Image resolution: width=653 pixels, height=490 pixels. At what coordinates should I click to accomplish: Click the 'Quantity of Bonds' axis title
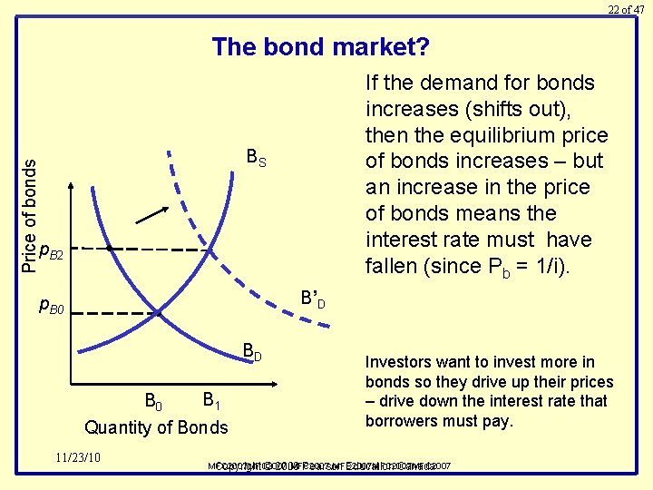coord(155,427)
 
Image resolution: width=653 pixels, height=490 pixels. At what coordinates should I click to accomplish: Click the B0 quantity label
coord(153,400)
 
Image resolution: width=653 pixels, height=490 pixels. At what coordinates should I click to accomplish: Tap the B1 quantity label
coord(210,400)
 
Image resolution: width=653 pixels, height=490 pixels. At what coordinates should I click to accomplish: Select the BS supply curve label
coord(257,160)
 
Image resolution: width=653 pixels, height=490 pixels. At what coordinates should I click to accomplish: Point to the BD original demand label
coord(251,352)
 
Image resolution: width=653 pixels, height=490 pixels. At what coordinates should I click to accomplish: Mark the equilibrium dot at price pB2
coord(109,247)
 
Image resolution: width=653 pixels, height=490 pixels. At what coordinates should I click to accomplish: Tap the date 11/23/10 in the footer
coord(81,456)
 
